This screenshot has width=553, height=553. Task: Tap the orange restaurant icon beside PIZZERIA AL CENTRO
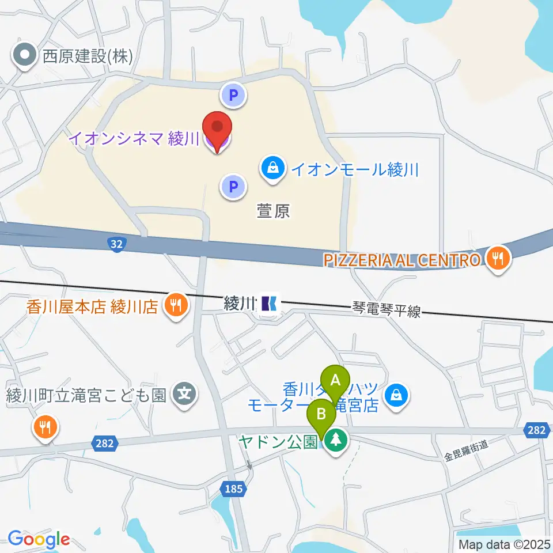click(497, 259)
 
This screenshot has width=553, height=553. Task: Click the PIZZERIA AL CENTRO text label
click(402, 260)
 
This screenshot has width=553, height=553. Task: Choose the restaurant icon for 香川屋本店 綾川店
click(175, 305)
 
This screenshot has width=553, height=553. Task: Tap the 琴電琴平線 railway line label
click(387, 312)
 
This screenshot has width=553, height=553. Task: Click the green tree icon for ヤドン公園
click(336, 442)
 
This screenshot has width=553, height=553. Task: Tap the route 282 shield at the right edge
click(536, 429)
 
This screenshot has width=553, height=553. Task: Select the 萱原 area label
click(273, 212)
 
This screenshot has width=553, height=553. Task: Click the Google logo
click(39, 539)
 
